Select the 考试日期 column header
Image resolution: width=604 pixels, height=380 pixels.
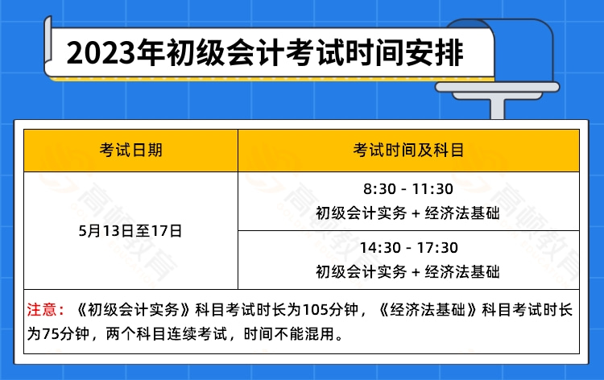pos(130,150)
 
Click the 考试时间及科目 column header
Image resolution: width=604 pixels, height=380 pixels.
pos(407,150)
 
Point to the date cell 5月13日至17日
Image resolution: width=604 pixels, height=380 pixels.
pos(130,230)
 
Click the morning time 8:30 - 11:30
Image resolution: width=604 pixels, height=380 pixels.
pos(407,191)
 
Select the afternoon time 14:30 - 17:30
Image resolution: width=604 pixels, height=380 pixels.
pos(407,249)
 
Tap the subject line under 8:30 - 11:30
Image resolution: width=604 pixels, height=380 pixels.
pos(407,213)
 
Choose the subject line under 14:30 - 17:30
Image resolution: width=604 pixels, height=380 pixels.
pos(407,271)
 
